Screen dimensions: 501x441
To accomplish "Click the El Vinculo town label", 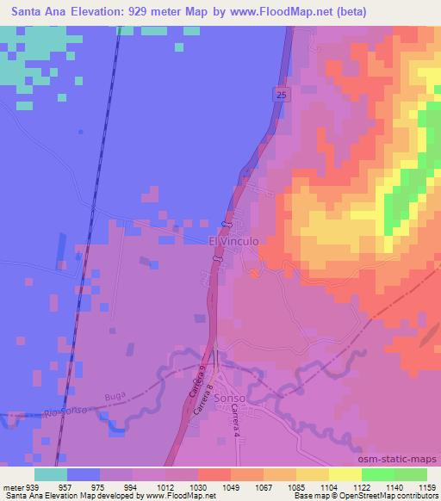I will coord(234,243).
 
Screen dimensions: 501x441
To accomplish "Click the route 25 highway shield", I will coord(282,95).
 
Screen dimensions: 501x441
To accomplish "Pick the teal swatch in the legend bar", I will coord(51,473).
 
